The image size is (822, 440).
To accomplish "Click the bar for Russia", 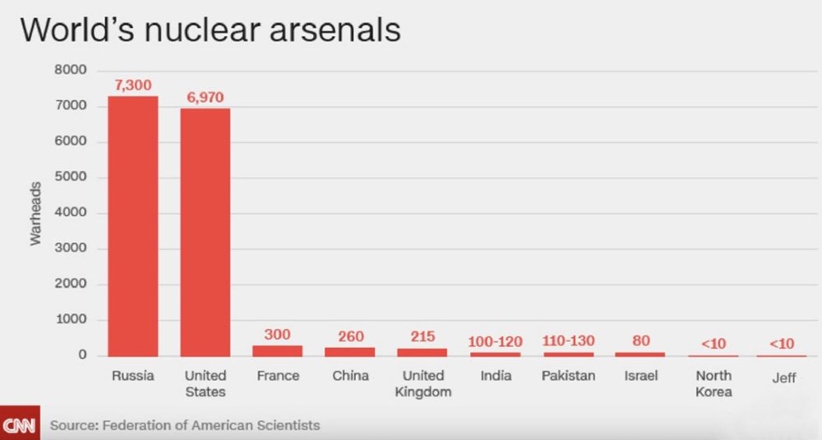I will (x=133, y=225).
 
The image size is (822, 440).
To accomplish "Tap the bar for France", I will (x=277, y=350).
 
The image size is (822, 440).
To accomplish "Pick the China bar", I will (x=349, y=351).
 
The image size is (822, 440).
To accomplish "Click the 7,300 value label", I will (x=133, y=86).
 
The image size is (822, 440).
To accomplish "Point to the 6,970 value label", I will (x=205, y=97).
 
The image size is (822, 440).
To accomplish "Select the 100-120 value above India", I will (x=496, y=340).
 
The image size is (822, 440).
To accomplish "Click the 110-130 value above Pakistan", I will (x=568, y=340).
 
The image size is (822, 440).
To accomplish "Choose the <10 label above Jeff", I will (x=782, y=344).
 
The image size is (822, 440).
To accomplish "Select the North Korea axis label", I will (x=713, y=383).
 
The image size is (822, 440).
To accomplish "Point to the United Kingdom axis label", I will (x=423, y=383).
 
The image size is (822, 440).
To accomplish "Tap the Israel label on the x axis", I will (x=640, y=376).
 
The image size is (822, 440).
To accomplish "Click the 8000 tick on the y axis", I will (x=70, y=71).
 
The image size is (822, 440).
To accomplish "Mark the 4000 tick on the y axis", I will (x=70, y=213).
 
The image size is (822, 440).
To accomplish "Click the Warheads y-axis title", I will (x=35, y=213).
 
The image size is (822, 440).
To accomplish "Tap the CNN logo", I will (x=18, y=425).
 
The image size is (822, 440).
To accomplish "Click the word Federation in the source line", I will (x=136, y=425).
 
